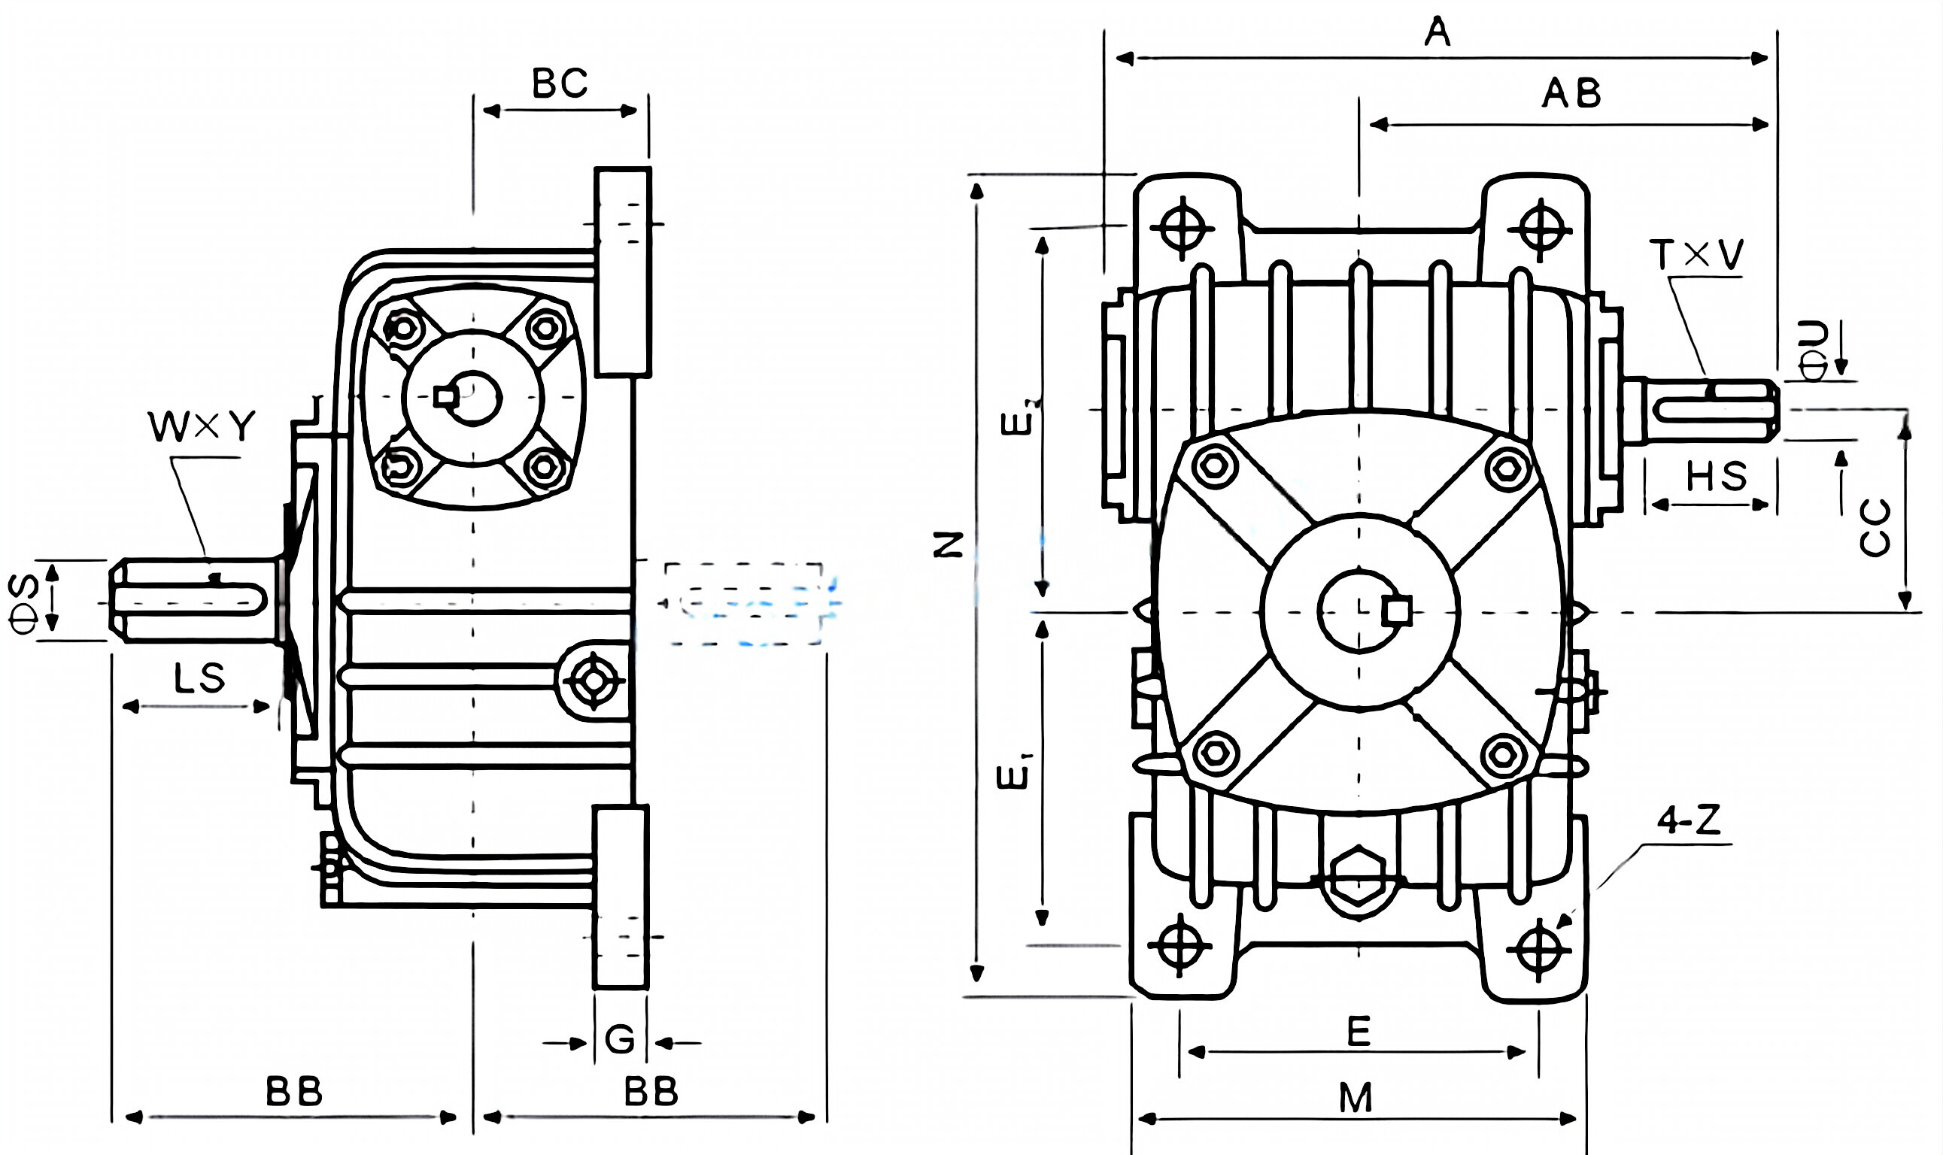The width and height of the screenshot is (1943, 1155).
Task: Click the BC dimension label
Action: point(559,83)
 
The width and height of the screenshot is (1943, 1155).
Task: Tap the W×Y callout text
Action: point(202,426)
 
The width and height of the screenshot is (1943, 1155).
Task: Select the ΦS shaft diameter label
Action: point(24,602)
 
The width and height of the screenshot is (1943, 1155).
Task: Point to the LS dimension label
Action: point(199,679)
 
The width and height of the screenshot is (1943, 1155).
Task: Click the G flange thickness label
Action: point(620,1039)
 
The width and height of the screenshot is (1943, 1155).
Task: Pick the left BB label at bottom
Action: point(293,1092)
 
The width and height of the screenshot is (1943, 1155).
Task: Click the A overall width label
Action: point(1438,32)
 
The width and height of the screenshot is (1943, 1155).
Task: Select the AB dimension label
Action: point(1571,94)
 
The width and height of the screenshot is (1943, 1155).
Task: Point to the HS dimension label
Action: point(1717,476)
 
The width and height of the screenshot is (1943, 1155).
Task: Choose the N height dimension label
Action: point(949,545)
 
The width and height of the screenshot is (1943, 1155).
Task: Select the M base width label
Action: point(1356,1098)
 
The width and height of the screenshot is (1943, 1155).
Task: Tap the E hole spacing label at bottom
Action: point(1359,1032)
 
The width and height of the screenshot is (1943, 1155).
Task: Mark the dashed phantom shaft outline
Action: point(743,603)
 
